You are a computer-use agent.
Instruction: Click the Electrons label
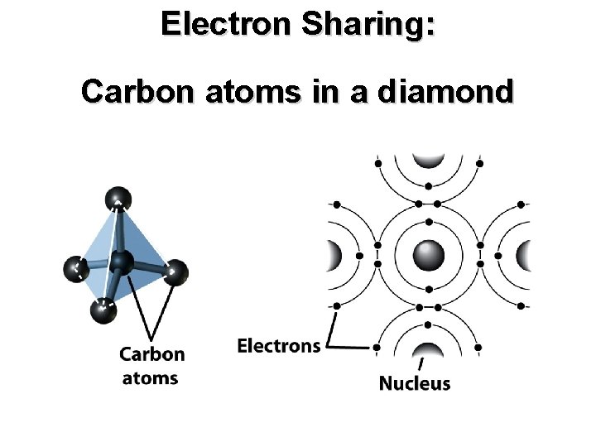coord(279,344)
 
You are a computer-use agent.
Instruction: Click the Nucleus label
coord(415,383)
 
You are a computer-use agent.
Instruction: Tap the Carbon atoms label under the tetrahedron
coord(151,366)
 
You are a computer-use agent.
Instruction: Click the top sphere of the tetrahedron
coord(118,199)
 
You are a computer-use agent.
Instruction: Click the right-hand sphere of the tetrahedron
coord(175,272)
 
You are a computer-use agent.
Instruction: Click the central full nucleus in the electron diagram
coord(428,255)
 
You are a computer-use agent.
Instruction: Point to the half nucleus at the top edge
coord(428,161)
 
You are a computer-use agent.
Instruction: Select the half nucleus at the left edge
coord(335,255)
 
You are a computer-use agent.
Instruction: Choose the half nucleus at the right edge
coord(521,255)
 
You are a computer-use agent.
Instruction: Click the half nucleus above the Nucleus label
coord(428,348)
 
